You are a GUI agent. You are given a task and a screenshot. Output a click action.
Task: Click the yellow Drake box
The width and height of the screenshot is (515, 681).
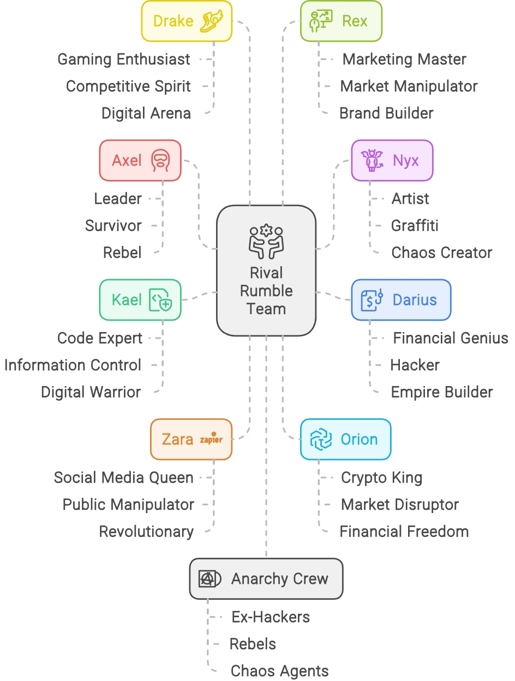pos(187,21)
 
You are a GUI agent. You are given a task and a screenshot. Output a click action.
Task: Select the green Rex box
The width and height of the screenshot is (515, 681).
pos(341,21)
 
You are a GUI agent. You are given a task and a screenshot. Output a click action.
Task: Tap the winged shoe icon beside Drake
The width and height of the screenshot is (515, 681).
pos(213,21)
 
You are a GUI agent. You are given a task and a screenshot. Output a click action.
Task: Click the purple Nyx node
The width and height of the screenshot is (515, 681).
pos(392,161)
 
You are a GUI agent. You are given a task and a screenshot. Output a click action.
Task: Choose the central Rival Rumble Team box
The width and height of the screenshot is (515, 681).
pos(266,271)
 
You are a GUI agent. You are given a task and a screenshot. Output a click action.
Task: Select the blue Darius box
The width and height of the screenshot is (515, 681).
pos(401,300)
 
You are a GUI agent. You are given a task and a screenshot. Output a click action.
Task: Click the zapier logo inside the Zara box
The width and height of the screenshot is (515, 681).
pos(211,439)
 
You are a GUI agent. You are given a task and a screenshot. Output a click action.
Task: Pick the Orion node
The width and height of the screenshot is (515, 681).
pos(346,439)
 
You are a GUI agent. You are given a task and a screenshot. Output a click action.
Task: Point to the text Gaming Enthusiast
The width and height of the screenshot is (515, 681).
pos(124,59)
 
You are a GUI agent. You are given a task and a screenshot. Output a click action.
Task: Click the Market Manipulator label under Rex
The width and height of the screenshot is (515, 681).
pos(409,86)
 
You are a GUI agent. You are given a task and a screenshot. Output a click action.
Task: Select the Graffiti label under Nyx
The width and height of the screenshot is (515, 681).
pos(415,226)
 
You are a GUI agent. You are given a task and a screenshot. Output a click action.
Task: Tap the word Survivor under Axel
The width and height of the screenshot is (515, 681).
pos(113,226)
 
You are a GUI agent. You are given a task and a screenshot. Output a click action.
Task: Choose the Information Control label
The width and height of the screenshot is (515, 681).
pos(73,365)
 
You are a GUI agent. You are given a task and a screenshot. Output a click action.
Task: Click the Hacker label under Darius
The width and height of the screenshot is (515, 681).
pos(415,365)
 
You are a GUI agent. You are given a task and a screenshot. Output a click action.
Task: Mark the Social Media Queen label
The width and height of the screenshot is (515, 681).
pos(123,478)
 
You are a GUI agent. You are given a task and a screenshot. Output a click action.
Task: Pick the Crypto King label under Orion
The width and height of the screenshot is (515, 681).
pos(381,478)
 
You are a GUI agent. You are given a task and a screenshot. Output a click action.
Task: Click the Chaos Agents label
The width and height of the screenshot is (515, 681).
pos(279,671)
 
